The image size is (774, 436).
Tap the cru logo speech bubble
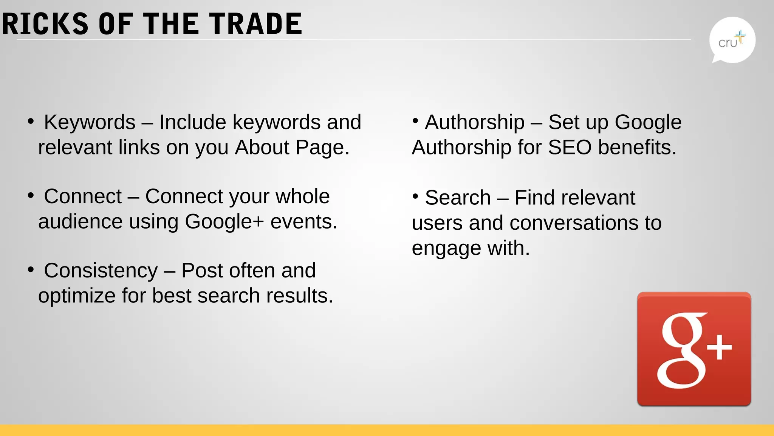click(x=732, y=40)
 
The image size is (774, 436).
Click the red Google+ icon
click(x=694, y=349)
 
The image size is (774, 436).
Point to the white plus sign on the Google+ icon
click(x=719, y=347)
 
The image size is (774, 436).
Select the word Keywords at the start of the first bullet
click(x=90, y=122)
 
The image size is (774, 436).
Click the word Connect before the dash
click(x=83, y=196)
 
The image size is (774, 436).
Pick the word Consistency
click(x=101, y=271)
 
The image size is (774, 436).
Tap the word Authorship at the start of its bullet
click(x=475, y=122)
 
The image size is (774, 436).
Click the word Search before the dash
click(x=458, y=198)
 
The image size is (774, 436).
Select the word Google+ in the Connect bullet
click(x=224, y=222)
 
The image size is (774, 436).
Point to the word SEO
click(x=570, y=147)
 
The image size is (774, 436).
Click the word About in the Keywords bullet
click(x=262, y=147)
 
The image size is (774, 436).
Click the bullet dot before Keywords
click(x=31, y=121)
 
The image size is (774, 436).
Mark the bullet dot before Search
click(x=415, y=196)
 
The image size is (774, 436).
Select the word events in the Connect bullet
click(x=303, y=222)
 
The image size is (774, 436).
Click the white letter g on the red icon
click(x=681, y=350)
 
